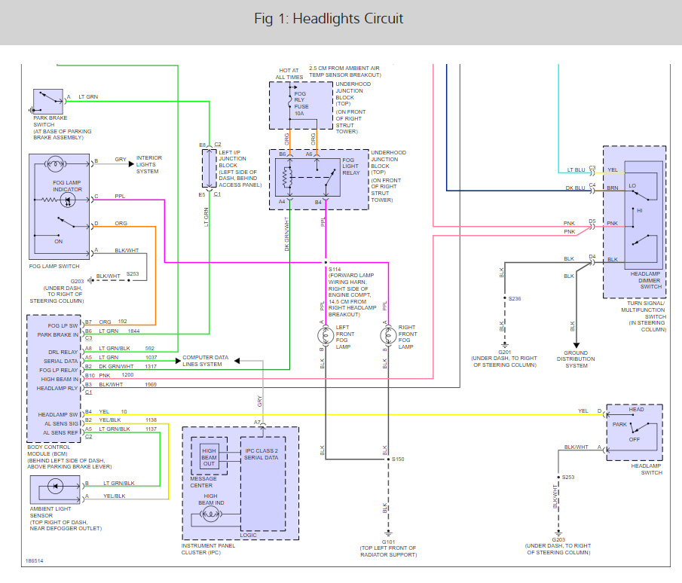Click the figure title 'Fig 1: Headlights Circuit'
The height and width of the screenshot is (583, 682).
tap(329, 19)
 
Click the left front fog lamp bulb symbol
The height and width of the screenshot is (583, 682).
tap(326, 333)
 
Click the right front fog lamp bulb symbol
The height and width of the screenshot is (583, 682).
tap(387, 333)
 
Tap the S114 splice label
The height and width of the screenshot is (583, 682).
tap(334, 269)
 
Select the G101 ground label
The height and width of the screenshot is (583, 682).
tap(388, 541)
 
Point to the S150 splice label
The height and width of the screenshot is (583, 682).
tap(397, 459)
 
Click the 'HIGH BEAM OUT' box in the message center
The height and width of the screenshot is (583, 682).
tap(209, 457)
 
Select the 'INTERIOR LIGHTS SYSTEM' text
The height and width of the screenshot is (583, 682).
tap(148, 165)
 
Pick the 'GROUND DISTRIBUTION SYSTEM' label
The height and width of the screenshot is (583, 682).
tap(576, 359)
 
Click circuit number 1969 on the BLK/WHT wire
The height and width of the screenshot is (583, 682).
tap(151, 384)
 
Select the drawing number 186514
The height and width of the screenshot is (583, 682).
tap(35, 561)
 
